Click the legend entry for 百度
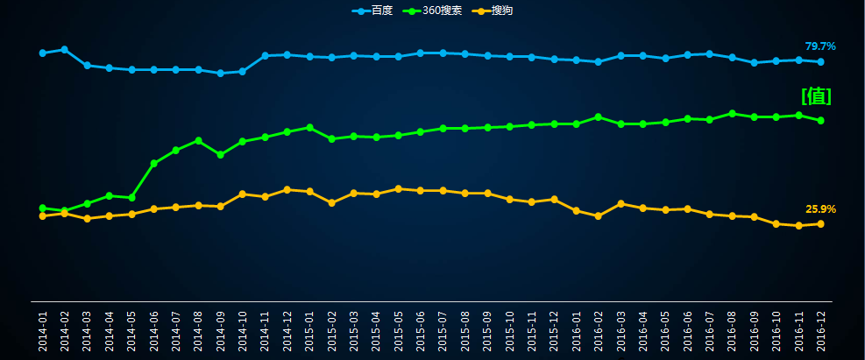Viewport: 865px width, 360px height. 372,11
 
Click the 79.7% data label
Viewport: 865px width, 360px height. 820,46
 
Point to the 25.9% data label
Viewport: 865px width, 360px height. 820,209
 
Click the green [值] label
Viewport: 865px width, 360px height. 816,96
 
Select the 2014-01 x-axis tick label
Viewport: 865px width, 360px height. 43,329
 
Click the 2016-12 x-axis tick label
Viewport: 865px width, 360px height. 821,329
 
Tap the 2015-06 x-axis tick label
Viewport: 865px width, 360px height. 421,329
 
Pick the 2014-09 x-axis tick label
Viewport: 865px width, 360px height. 221,329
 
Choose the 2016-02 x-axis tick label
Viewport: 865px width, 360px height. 599,329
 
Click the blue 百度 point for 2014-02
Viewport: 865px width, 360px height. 65,49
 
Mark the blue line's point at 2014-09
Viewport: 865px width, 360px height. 220,74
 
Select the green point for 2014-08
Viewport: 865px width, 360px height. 198,140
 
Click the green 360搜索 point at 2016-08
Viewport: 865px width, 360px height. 732,113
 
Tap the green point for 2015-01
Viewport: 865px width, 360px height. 309,127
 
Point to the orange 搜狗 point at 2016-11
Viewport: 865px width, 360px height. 798,226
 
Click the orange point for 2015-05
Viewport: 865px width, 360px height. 399,188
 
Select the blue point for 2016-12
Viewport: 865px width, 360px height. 820,62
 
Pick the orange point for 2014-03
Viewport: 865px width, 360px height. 87,219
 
